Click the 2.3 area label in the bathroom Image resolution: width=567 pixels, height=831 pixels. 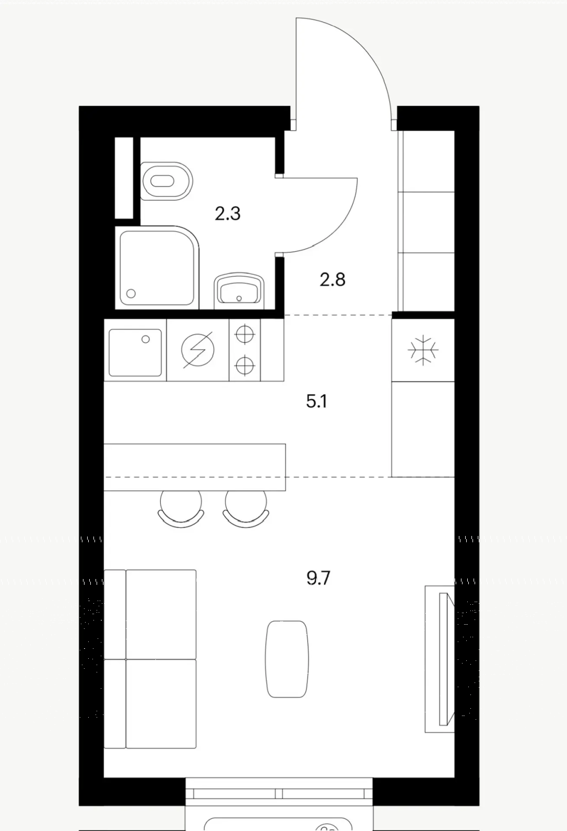227,214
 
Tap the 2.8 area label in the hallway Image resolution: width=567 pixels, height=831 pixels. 332,279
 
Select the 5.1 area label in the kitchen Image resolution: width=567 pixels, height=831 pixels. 317,402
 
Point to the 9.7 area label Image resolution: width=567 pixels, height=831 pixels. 318,578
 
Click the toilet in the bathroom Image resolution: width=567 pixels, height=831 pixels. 166,181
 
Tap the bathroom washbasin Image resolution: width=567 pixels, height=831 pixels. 239,291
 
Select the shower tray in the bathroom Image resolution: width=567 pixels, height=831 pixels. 157,268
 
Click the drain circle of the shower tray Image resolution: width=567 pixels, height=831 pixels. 131,293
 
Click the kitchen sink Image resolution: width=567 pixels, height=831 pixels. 135,352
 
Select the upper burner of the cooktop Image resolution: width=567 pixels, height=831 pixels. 245,334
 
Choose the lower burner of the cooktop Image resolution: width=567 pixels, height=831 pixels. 245,365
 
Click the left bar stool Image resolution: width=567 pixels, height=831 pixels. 181,509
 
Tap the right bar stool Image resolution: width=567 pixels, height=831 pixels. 246,509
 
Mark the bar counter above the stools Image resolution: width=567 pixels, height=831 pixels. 194,467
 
